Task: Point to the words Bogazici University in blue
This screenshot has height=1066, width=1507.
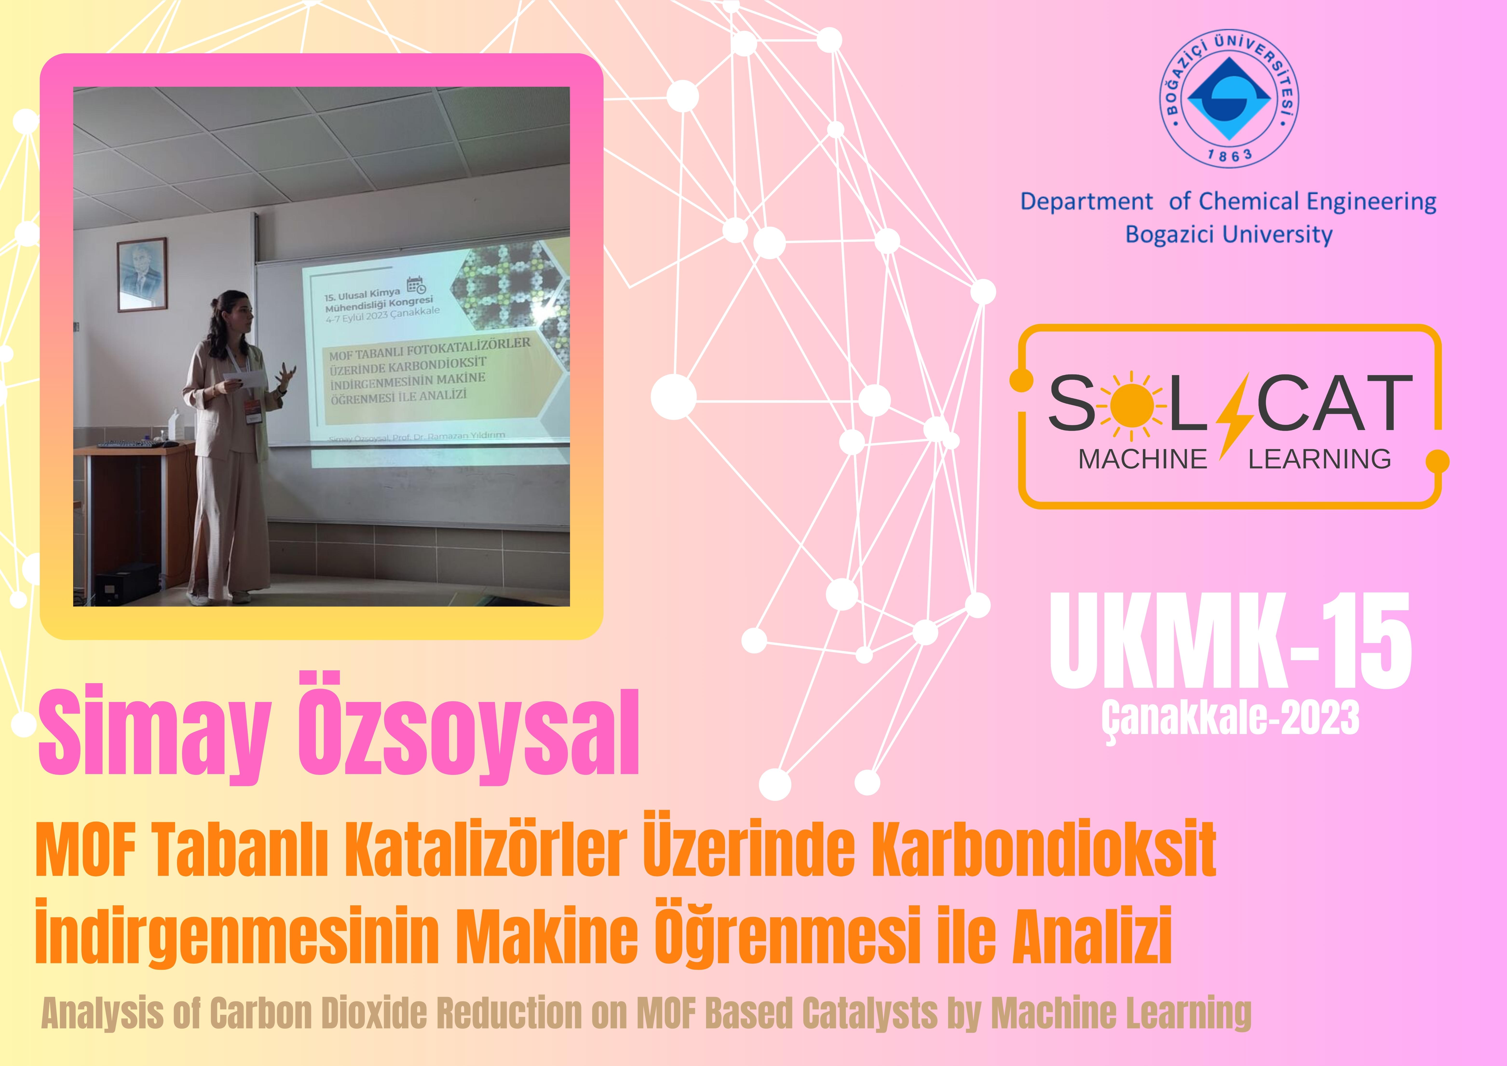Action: [1229, 235]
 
